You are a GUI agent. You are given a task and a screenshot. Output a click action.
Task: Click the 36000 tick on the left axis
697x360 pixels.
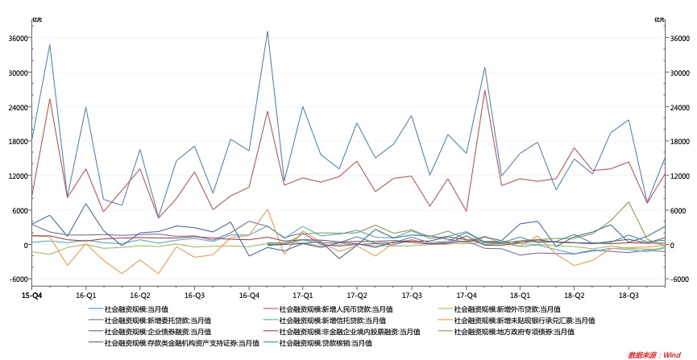pyautogui.click(x=19, y=39)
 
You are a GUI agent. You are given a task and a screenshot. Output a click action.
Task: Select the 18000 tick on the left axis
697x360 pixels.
pyautogui.click(x=19, y=142)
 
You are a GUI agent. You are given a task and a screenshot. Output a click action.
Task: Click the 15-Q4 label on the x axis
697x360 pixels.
pyautogui.click(x=31, y=296)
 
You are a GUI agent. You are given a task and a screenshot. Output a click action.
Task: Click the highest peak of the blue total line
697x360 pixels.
pyautogui.click(x=268, y=31)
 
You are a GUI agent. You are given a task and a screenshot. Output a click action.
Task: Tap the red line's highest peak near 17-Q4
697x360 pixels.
pyautogui.click(x=485, y=90)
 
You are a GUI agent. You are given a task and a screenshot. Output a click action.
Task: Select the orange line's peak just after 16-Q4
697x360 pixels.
pyautogui.click(x=268, y=209)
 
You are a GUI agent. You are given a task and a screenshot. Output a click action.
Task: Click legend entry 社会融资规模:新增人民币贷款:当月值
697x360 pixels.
pyautogui.click(x=335, y=309)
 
